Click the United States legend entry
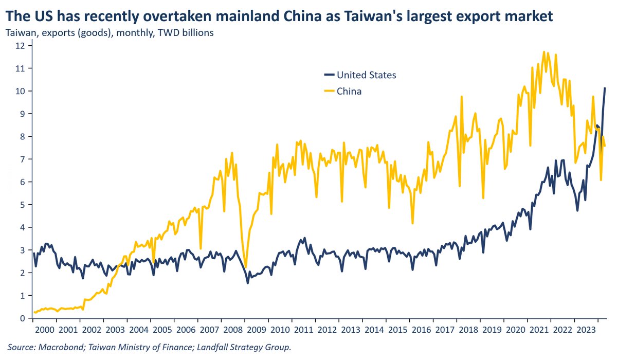(366, 75)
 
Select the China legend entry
(349, 92)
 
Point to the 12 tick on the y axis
(20, 45)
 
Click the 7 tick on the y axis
(22, 159)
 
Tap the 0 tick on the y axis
(22, 319)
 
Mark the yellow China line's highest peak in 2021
(543, 51)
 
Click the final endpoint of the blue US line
(605, 88)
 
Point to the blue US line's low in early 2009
(248, 283)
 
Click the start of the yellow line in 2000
(34, 312)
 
